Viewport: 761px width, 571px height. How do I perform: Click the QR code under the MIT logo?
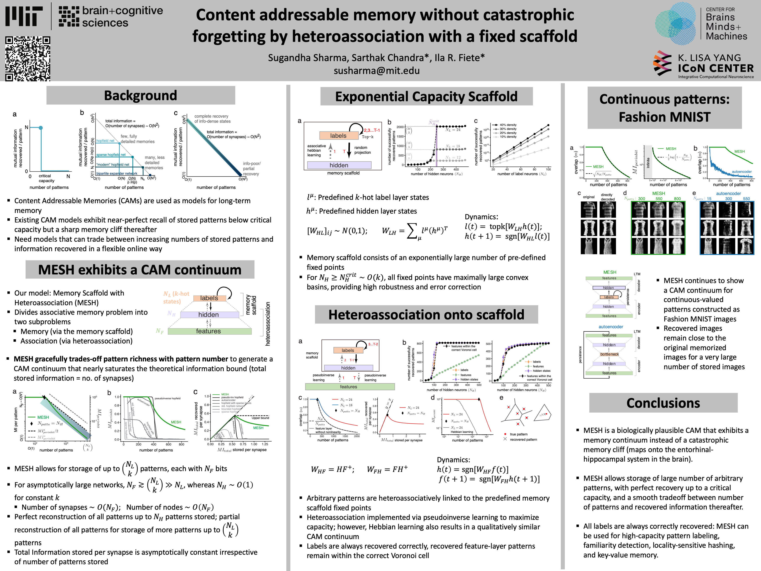tap(27, 59)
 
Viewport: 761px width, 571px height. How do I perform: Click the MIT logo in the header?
tap(24, 16)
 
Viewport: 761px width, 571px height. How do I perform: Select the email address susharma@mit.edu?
tap(376, 71)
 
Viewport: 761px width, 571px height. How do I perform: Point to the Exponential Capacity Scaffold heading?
tap(426, 96)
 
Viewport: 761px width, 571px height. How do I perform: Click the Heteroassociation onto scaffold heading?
tap(426, 315)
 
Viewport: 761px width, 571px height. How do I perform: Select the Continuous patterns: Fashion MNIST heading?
tap(664, 108)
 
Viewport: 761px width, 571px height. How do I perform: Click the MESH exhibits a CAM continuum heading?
tap(140, 269)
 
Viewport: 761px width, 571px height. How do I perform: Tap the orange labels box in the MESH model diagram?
tap(209, 298)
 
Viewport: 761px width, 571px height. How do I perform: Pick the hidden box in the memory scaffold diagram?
tap(339, 165)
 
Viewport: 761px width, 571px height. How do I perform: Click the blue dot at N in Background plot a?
tap(41, 128)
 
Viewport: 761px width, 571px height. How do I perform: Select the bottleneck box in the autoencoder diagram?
tap(609, 354)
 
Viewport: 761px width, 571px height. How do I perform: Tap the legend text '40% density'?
tap(508, 125)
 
